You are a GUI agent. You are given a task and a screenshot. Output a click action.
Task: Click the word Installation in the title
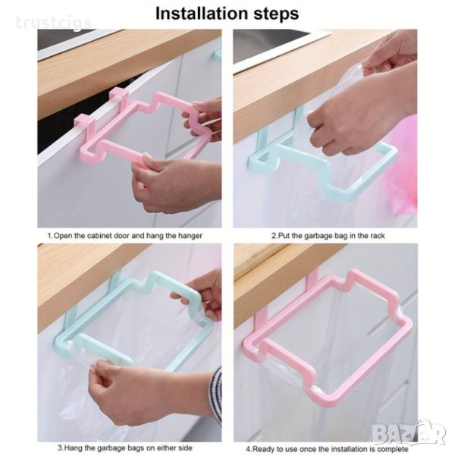(x=202, y=14)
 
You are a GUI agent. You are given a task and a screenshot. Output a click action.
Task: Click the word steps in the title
(x=276, y=14)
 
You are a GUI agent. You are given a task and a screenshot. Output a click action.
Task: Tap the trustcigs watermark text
(x=54, y=23)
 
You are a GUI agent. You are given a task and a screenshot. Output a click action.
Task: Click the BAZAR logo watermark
(x=409, y=435)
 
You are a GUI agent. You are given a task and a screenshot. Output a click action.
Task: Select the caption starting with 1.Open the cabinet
(x=125, y=236)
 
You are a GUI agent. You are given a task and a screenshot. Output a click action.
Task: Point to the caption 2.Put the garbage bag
(x=328, y=236)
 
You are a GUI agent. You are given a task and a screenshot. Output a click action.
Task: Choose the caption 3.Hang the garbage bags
(x=125, y=447)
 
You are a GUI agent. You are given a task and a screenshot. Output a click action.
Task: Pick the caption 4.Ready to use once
(x=327, y=449)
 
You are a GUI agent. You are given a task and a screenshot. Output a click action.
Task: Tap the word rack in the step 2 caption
(x=377, y=236)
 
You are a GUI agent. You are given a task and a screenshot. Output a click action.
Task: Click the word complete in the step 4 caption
(x=392, y=450)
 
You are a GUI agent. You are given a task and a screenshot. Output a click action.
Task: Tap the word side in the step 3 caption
(x=184, y=447)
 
